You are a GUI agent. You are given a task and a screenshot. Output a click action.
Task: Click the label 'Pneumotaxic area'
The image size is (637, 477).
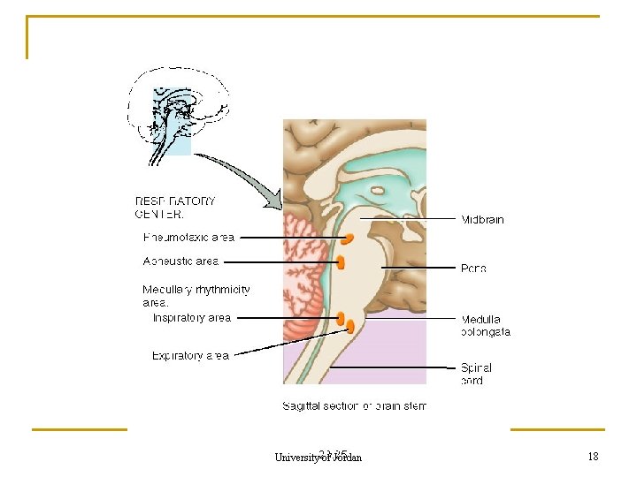click(x=188, y=237)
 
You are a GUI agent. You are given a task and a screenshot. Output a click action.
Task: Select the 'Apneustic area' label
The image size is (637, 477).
click(x=180, y=261)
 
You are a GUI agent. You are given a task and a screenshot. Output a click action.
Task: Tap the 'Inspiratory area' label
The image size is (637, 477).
click(x=192, y=318)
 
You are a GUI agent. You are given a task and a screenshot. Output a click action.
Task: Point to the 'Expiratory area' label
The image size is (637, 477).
click(x=190, y=356)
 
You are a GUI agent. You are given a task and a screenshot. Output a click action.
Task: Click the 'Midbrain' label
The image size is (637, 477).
click(x=482, y=220)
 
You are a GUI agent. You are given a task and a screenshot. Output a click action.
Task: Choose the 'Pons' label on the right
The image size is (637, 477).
click(x=473, y=269)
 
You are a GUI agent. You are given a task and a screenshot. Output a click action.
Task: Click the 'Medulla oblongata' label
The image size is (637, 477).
click(x=485, y=326)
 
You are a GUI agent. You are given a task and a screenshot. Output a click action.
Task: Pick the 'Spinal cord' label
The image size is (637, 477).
click(x=476, y=374)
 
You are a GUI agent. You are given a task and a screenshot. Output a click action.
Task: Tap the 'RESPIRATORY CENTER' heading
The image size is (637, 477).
click(x=174, y=207)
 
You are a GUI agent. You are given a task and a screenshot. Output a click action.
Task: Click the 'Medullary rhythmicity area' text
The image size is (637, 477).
click(x=196, y=295)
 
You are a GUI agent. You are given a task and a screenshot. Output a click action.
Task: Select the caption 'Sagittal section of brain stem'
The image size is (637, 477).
click(x=354, y=406)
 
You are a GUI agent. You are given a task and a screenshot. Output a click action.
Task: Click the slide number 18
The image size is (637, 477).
click(x=593, y=456)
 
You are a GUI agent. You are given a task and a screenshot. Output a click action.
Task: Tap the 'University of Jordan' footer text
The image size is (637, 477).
click(x=318, y=457)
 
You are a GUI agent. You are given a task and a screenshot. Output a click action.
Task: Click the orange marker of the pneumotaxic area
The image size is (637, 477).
click(x=349, y=238)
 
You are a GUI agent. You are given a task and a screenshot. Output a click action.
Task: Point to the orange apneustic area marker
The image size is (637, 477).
click(x=341, y=261)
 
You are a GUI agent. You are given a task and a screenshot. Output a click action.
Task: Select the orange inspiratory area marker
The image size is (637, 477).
click(x=341, y=317)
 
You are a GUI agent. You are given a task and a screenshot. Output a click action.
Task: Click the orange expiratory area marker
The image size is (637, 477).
click(x=350, y=327)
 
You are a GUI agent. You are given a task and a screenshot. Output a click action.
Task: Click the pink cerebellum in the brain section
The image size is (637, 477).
click(x=303, y=283)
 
